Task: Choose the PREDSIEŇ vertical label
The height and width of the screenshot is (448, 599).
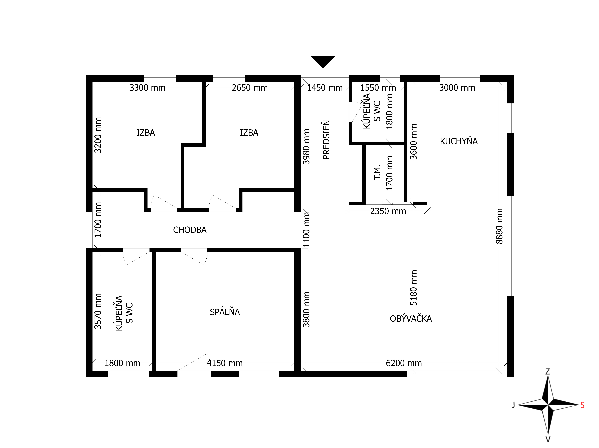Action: (326, 140)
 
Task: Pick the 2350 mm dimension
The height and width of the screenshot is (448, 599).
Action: (388, 211)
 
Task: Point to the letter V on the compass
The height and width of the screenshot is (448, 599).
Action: (548, 439)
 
